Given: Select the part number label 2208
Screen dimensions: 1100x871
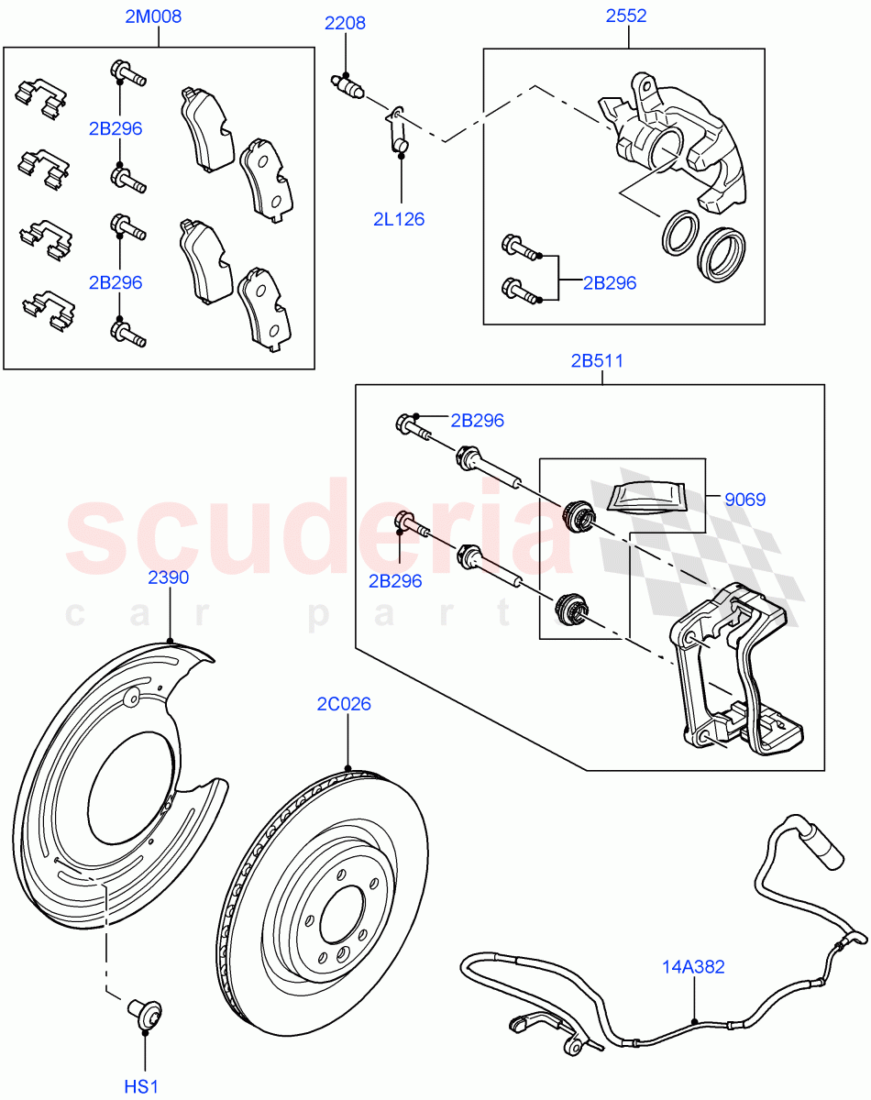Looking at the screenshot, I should pyautogui.click(x=345, y=23).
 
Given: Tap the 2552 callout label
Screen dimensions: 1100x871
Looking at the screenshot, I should pyautogui.click(x=625, y=16).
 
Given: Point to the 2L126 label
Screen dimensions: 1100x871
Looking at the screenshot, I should pyautogui.click(x=399, y=219).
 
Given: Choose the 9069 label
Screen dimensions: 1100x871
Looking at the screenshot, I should pyautogui.click(x=744, y=500).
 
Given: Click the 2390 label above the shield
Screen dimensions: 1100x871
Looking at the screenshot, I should pyautogui.click(x=169, y=577).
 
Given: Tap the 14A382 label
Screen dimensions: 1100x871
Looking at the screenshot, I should pyautogui.click(x=694, y=965).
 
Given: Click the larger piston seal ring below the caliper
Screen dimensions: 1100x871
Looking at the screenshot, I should pyautogui.click(x=722, y=254).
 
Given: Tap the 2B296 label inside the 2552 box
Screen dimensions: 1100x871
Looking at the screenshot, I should pyautogui.click(x=610, y=282).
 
